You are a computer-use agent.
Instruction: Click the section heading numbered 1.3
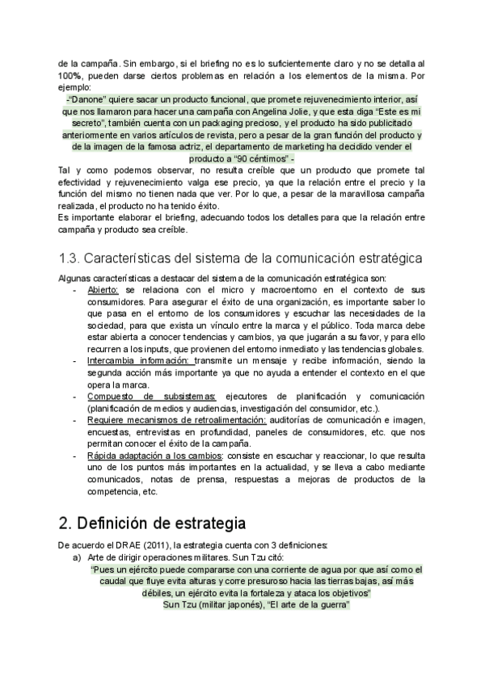(242, 259)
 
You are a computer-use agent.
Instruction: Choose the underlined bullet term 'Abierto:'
(103, 289)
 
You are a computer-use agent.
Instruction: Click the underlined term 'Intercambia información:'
(140, 359)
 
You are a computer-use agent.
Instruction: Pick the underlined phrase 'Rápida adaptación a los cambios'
(155, 456)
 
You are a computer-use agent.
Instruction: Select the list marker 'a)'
(78, 557)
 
